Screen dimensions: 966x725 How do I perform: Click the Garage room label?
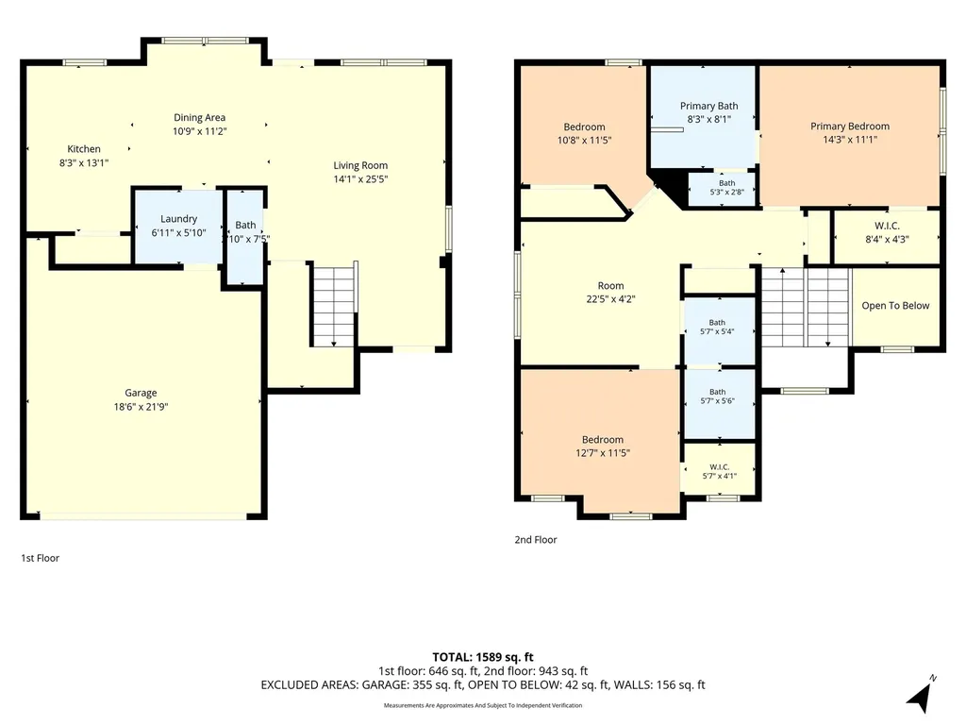[x=141, y=393]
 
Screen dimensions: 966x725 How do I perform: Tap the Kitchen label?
[x=84, y=148]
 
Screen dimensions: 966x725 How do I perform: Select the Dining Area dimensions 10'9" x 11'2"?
[x=200, y=131]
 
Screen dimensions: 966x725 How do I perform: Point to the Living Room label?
[x=360, y=165]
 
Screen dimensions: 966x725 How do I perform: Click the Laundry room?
[x=178, y=226]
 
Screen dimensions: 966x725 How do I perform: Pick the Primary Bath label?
[x=709, y=106]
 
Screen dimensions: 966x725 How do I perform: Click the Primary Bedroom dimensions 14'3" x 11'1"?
[x=850, y=140]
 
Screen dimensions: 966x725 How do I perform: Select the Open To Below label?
[x=895, y=306]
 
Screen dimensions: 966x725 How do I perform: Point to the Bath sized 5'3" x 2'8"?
[x=722, y=188]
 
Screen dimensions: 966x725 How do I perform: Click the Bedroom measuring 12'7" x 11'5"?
[x=601, y=440]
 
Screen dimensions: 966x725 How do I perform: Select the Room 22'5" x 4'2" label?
[x=610, y=293]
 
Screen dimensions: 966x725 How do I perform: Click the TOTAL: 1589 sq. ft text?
[x=483, y=657]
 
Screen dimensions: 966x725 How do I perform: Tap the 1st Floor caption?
[x=40, y=558]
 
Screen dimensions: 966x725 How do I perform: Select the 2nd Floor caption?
[x=536, y=539]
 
